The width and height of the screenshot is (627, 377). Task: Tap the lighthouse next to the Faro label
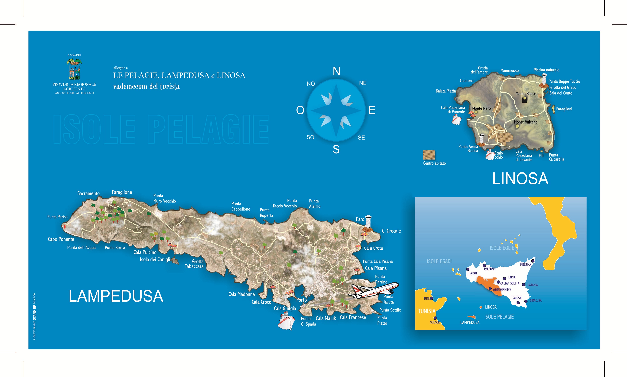coord(368,222)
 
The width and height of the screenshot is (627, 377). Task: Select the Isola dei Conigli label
coord(155,259)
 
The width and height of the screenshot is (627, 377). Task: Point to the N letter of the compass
coord(337,71)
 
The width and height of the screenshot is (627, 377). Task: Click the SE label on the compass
coord(361,138)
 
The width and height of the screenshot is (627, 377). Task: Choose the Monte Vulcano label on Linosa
coord(525,122)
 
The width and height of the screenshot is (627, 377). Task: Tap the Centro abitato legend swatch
coord(429,155)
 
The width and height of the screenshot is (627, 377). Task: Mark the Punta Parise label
coord(57,217)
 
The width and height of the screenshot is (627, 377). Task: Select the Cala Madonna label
coord(242,294)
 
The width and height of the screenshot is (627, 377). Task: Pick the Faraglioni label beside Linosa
coord(564,109)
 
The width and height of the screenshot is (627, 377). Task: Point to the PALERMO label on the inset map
coord(490,269)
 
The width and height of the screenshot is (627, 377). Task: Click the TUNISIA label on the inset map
coord(427,311)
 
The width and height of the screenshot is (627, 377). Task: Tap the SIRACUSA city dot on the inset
coord(526,301)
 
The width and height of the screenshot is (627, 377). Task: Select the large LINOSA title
coord(520,179)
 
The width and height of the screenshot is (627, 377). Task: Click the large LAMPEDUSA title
coord(116,296)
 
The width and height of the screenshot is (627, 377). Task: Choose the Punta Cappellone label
coord(240,206)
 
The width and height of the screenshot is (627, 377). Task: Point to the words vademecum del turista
coord(146,86)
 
